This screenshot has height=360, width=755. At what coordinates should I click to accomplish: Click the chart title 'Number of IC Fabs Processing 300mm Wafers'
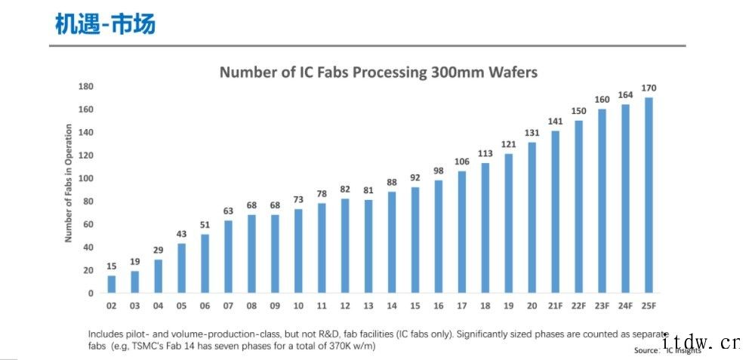(378, 72)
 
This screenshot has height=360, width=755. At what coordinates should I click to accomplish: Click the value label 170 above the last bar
(649, 88)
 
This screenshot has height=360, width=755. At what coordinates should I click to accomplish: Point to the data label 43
(181, 234)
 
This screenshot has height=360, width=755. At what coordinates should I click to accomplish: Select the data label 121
(508, 144)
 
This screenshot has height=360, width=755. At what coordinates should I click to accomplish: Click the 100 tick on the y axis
(87, 178)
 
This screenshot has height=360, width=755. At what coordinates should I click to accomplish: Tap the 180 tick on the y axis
(87, 87)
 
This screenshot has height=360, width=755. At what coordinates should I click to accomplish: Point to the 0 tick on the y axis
(91, 293)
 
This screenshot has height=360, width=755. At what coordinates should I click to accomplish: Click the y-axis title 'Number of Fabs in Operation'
(68, 183)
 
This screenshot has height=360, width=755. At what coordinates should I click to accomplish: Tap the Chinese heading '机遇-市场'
(105, 25)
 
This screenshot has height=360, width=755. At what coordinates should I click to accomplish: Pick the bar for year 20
(532, 217)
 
